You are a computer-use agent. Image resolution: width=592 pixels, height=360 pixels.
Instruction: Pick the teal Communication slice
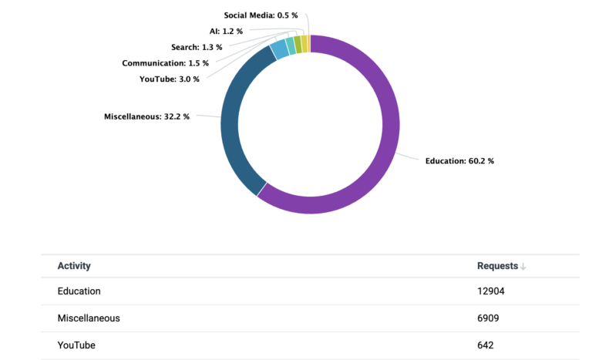(291, 45)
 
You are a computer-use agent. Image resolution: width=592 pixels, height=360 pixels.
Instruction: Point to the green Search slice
(298, 44)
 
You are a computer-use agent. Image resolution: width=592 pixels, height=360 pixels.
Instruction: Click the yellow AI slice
(304, 43)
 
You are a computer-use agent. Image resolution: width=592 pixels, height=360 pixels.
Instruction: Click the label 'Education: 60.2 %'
(459, 161)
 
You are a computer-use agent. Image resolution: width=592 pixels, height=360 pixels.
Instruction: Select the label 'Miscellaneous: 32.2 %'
(146, 116)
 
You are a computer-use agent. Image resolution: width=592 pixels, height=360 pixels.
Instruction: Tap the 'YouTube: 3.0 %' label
(170, 79)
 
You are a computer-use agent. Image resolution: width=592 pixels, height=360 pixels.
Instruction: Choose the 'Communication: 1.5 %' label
(165, 63)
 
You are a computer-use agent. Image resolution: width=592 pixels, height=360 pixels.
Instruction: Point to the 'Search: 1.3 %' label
(197, 47)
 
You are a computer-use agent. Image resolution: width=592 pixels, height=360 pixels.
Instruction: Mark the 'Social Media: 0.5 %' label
(261, 15)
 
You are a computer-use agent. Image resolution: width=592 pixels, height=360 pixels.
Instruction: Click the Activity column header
(74, 266)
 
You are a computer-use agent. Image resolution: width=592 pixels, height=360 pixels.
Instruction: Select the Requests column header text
(497, 266)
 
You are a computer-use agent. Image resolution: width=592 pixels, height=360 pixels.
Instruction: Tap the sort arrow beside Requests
(523, 267)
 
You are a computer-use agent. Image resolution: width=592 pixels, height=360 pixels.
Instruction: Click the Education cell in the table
(79, 291)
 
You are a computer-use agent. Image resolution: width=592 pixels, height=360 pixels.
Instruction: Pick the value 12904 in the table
(491, 291)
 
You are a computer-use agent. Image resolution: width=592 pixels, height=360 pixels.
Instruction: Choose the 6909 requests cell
(489, 318)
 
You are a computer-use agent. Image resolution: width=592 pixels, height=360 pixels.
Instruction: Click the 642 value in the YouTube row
(486, 345)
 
